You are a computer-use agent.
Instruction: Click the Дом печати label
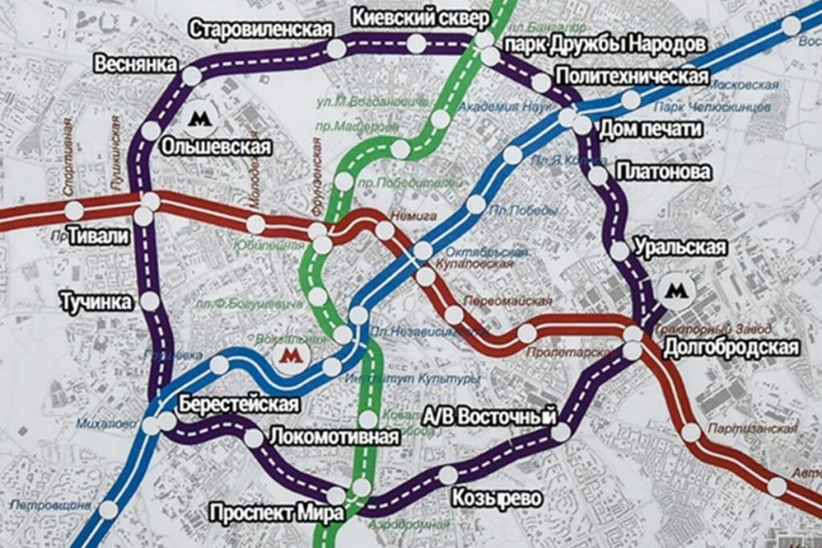click(x=651, y=128)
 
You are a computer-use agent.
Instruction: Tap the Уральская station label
click(x=681, y=247)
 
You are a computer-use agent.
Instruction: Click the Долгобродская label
click(x=731, y=347)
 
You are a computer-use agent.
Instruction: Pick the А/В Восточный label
click(x=490, y=416)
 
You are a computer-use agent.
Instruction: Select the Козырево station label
click(x=496, y=497)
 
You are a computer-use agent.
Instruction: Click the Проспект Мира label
click(x=276, y=512)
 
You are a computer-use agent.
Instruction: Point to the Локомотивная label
click(x=334, y=437)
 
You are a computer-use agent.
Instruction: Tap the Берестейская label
click(x=238, y=404)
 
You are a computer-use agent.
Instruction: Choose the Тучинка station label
click(x=96, y=302)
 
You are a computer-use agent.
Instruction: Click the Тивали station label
click(x=99, y=236)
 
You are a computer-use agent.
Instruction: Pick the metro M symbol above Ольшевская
click(x=199, y=119)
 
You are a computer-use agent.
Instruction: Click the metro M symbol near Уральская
click(x=679, y=289)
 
